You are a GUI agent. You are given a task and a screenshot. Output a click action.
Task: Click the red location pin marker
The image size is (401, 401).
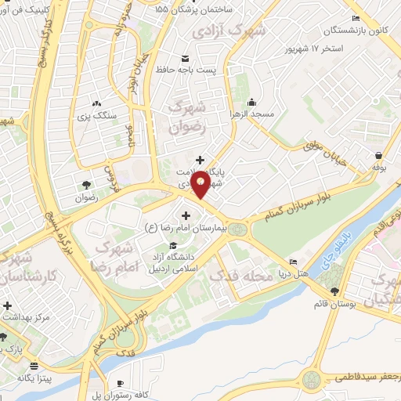201,182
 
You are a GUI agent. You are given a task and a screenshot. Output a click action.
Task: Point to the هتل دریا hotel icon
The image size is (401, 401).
293,262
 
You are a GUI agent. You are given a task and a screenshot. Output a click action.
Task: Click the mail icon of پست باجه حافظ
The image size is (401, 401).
186,59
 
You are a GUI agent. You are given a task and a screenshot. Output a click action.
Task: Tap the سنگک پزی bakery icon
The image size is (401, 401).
96,103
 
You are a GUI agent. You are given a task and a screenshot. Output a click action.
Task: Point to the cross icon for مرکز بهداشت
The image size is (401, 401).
7,305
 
